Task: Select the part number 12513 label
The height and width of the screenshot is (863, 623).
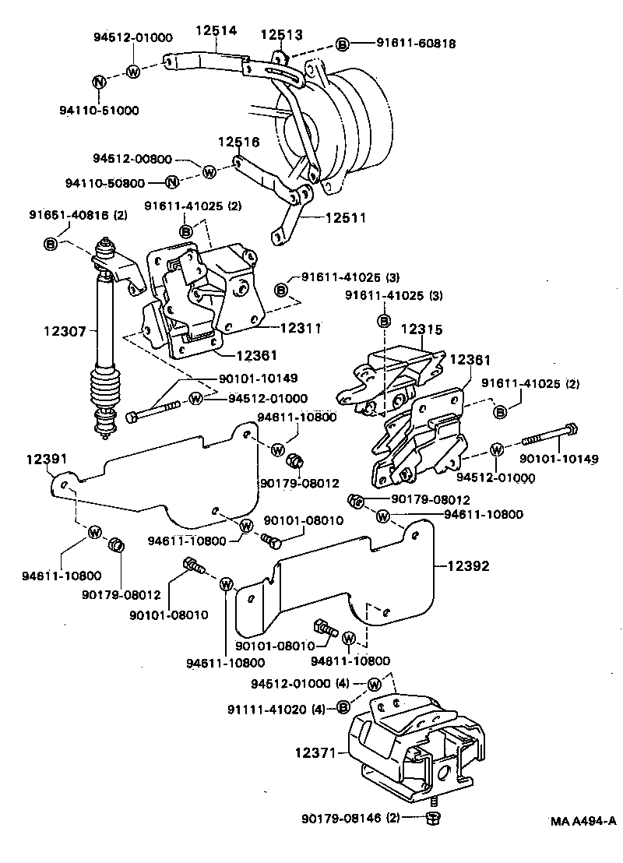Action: (281, 34)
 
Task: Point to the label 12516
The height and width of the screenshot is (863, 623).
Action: (238, 143)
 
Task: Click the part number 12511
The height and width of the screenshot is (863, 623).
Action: (344, 219)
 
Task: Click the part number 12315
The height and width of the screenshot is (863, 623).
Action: (423, 329)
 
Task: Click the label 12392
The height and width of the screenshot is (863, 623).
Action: (469, 566)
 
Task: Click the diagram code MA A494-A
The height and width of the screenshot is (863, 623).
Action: (583, 821)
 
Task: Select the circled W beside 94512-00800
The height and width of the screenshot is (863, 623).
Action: (209, 171)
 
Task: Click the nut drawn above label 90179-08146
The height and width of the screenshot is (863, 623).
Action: (435, 818)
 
